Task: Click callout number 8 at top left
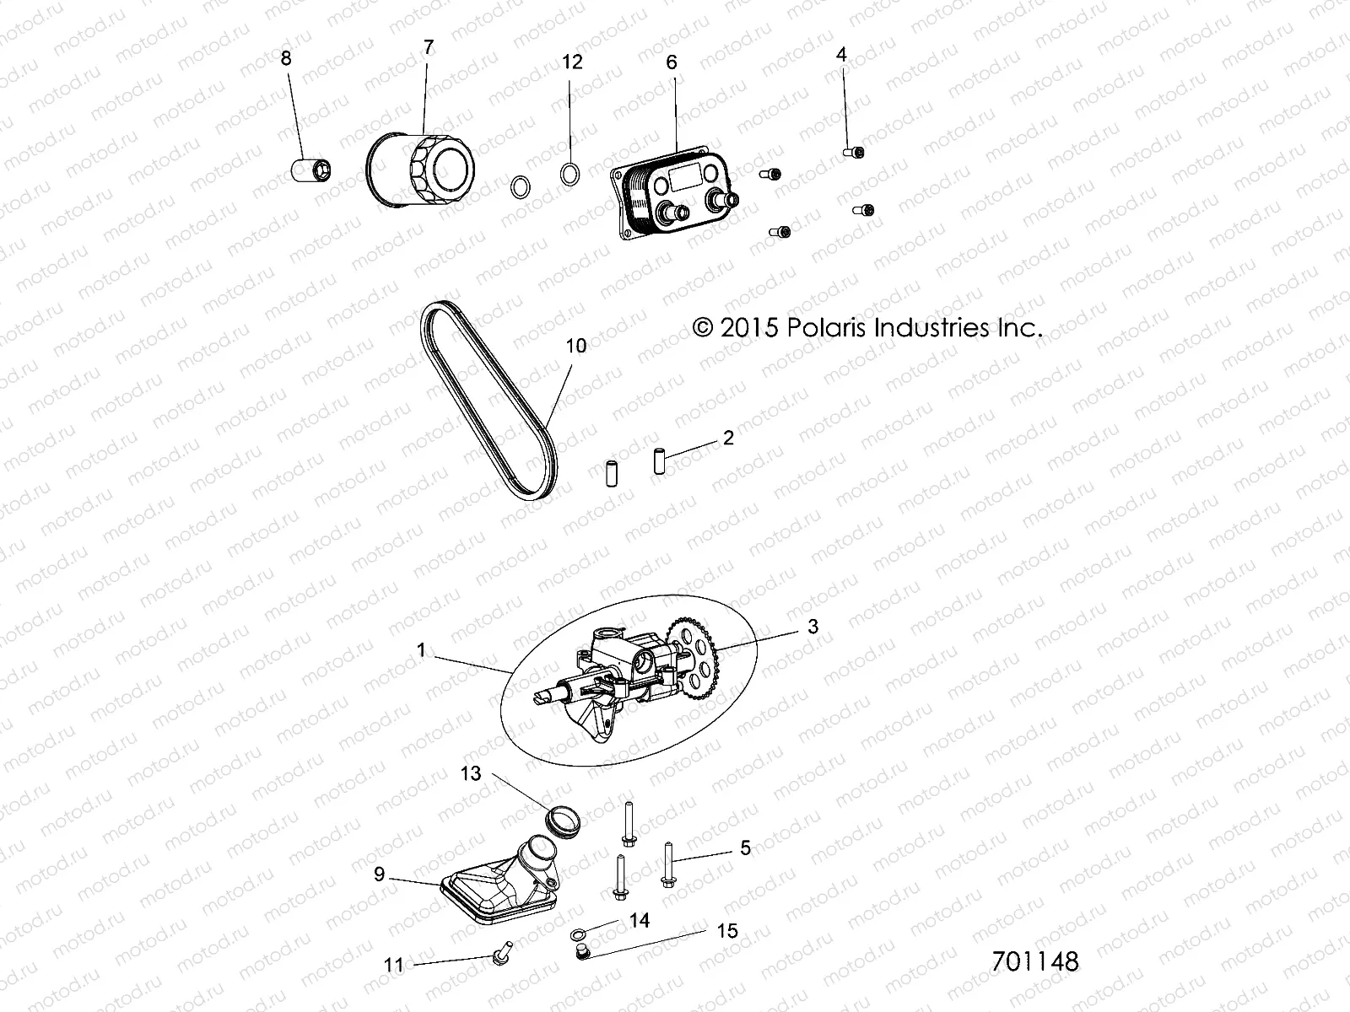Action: [x=286, y=58]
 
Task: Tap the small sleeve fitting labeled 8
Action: [x=310, y=170]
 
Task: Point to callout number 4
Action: [x=841, y=55]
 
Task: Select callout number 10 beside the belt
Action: [x=576, y=345]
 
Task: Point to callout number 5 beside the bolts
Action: [x=745, y=848]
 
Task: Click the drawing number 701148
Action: [x=1035, y=961]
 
